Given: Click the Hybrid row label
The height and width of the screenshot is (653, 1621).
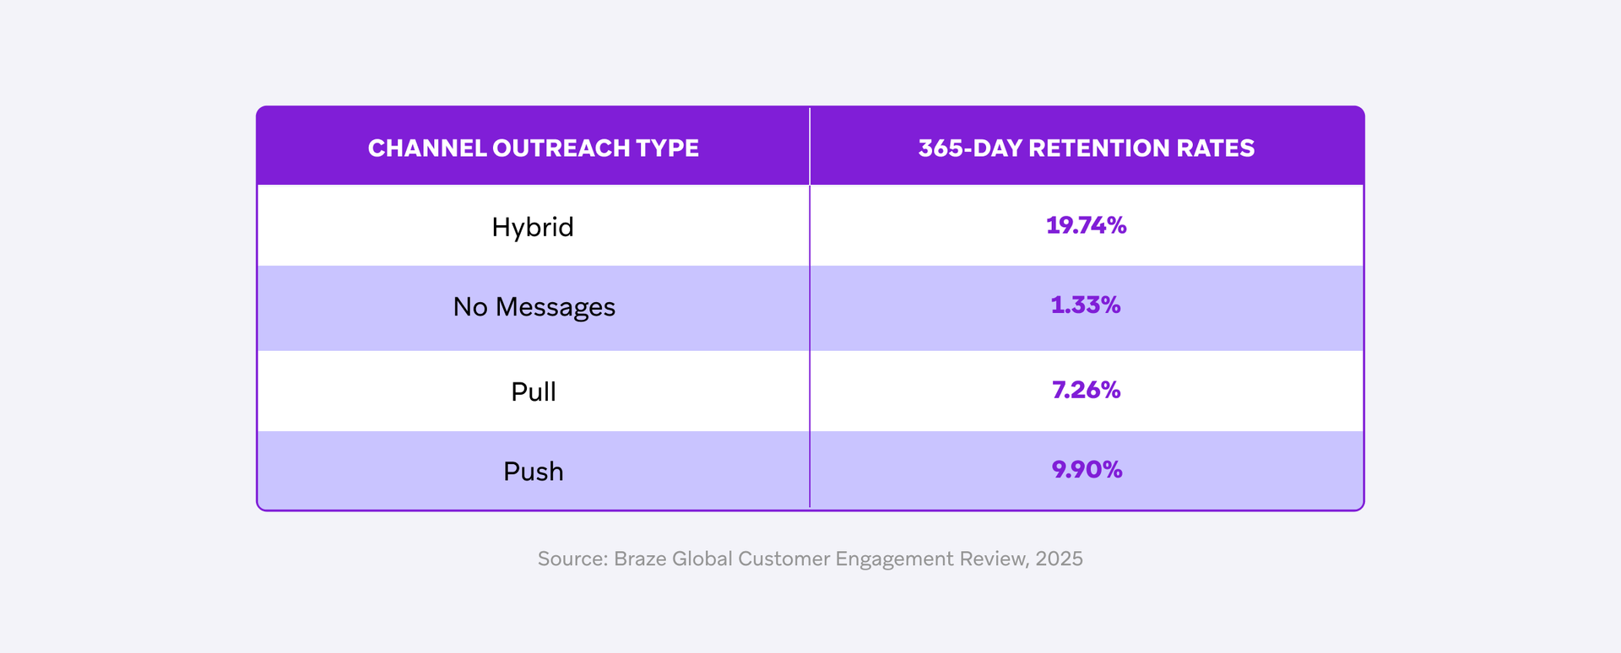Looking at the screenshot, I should click(533, 227).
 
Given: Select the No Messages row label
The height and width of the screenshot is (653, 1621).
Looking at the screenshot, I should click(534, 307).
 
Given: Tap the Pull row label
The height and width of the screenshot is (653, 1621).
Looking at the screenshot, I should click(534, 391).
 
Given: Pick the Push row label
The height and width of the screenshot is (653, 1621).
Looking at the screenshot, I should click(534, 471).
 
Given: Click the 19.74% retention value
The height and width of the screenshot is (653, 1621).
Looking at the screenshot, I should click(1086, 225).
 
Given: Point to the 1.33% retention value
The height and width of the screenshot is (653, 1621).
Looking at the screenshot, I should click(1086, 305).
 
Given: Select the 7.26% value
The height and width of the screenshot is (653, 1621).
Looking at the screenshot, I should click(1086, 390).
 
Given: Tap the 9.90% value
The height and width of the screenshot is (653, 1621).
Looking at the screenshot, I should click(1087, 469).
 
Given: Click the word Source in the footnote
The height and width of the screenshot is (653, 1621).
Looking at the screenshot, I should click(572, 559).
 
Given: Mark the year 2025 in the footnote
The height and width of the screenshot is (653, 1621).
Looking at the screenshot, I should click(1059, 559).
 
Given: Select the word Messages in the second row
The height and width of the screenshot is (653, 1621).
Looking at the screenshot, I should click(556, 307).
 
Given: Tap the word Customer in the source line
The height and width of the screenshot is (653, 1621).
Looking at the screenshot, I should click(783, 559).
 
